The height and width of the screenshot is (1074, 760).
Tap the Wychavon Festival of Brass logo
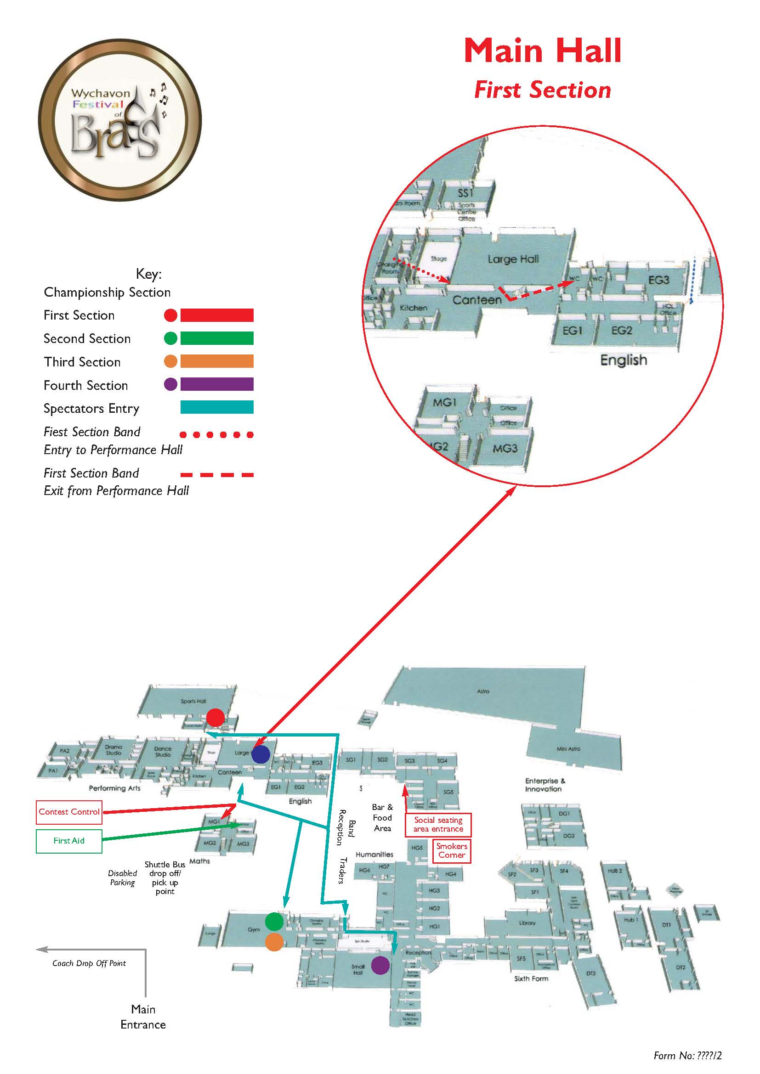[120, 119]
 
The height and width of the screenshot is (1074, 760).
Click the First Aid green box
[69, 841]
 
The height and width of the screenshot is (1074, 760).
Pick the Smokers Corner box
[452, 850]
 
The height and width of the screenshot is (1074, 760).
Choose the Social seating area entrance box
[438, 824]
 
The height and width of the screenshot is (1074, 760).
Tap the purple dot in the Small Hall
[380, 965]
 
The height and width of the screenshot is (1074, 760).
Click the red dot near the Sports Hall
[215, 718]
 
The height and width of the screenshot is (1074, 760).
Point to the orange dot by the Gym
[274, 942]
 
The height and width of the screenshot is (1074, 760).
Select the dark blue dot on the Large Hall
[261, 754]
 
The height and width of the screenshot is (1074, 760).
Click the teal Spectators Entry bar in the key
[217, 407]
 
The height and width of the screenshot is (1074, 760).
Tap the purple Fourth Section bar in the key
[217, 384]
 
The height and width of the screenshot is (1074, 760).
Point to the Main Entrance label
[143, 1017]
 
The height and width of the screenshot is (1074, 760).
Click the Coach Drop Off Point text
[89, 963]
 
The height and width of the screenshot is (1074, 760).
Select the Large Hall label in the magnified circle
[513, 259]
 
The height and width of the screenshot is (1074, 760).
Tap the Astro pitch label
[483, 691]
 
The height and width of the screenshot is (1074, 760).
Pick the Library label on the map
[527, 923]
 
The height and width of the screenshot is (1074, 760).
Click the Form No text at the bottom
[687, 1056]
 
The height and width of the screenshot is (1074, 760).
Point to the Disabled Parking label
[123, 878]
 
